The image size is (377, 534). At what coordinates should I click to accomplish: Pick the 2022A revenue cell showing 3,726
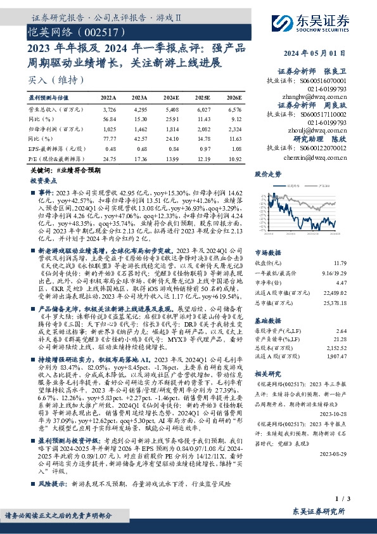click(x=109, y=110)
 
